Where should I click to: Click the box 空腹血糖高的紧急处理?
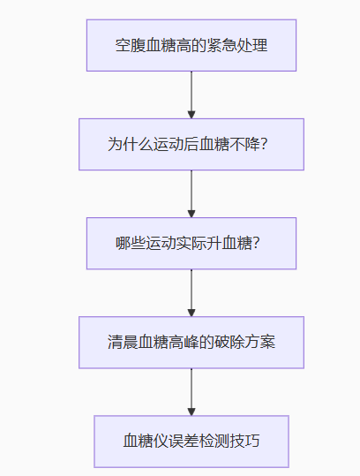click(191, 46)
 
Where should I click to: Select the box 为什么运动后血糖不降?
click(191, 145)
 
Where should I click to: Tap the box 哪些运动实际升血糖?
click(191, 244)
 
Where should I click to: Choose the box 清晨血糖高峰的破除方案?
click(191, 343)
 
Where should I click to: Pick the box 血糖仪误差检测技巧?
click(191, 442)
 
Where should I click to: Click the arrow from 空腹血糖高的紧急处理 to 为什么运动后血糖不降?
click(191, 95)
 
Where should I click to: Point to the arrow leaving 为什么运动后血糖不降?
click(191, 194)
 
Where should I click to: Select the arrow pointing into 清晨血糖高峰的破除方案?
click(191, 293)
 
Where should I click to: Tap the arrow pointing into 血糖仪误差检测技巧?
click(191, 392)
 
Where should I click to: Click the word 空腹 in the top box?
click(131, 46)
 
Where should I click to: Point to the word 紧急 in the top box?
click(221, 46)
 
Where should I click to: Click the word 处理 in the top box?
click(252, 46)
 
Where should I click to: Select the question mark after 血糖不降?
click(264, 144)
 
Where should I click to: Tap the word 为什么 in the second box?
click(131, 144)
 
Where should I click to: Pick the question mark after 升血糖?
click(256, 243)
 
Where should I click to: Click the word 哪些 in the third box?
click(131, 244)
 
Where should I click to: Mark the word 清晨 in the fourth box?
click(123, 342)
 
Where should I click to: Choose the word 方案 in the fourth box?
click(260, 342)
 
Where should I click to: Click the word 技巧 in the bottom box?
click(244, 441)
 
